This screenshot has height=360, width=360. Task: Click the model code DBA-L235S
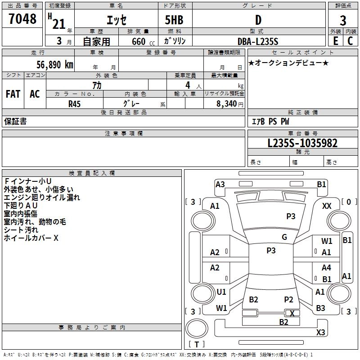coord(258,41)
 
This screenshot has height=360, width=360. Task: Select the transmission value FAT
coord(13,94)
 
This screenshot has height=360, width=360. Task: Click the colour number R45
coord(74,104)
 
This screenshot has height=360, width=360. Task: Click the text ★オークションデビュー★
coord(288,63)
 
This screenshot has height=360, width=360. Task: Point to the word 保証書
coord(15,121)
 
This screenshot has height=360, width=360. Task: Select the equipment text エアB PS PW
coord(270,121)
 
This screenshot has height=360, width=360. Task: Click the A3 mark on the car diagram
coord(220,184)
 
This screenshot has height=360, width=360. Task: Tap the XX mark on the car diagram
coord(327,206)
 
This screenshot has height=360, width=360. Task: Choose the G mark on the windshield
coord(284,237)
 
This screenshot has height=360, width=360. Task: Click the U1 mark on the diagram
coord(221,292)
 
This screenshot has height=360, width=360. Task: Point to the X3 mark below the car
coord(320,333)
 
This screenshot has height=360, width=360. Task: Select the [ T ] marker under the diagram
coord(197,345)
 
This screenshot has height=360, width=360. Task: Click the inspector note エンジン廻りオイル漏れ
coord(42,198)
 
